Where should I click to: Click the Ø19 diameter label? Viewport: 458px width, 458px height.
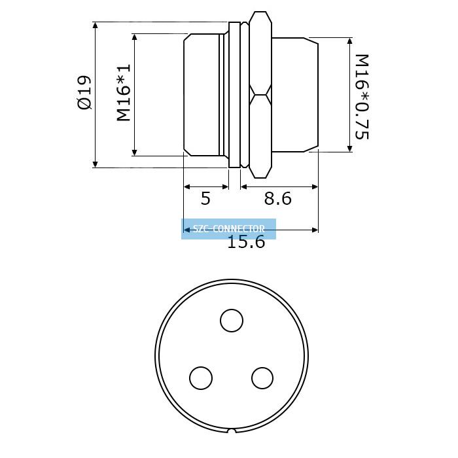[84, 93]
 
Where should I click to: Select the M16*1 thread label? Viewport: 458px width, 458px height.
[124, 93]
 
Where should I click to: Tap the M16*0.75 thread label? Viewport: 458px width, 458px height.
[362, 97]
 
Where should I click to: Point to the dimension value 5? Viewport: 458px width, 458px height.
[205, 198]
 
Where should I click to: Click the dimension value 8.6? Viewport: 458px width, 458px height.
[278, 198]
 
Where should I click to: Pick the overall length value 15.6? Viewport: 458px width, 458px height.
[246, 242]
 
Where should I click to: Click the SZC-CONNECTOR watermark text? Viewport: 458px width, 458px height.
[229, 228]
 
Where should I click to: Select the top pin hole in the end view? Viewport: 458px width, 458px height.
[232, 321]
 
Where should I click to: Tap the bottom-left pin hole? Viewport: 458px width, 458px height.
[201, 378]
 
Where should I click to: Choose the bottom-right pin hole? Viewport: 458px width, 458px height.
[262, 378]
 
